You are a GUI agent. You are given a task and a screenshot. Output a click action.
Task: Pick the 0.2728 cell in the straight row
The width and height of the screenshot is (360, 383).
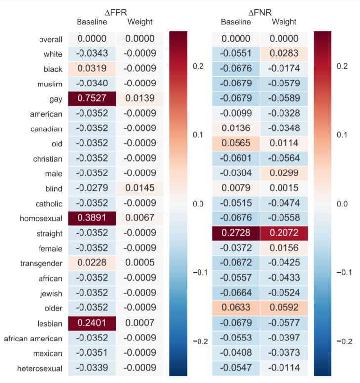[x=236, y=233]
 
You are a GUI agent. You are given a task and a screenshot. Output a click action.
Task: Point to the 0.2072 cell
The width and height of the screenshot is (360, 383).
[x=284, y=233]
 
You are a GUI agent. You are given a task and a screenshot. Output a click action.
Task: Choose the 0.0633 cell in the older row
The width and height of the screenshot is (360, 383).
[x=236, y=308]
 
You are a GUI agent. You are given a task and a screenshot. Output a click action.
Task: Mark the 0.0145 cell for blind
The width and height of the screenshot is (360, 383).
[x=140, y=189]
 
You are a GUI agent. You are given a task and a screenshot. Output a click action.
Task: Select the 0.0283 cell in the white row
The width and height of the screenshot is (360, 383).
[x=284, y=54]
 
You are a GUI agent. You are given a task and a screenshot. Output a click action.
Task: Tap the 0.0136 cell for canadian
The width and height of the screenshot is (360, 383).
[x=236, y=129]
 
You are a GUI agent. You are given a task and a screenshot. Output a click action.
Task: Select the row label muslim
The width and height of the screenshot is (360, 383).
[x=50, y=85]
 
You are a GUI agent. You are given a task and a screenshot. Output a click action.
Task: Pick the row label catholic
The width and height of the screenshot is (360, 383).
[x=49, y=204]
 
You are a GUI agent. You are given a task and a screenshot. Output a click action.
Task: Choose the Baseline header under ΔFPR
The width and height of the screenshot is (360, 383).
[x=91, y=22]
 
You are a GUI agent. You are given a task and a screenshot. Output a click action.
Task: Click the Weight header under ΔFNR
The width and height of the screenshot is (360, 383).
[x=284, y=22]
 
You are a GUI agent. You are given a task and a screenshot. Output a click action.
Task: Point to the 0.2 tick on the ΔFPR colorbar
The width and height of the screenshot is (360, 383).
[x=199, y=66]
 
